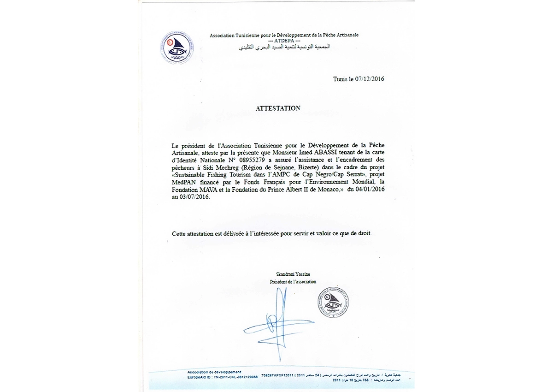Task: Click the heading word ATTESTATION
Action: click(x=278, y=108)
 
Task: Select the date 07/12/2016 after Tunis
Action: click(x=369, y=79)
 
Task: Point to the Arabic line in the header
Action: click(x=284, y=47)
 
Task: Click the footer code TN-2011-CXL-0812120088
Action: click(x=235, y=377)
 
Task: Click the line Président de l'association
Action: click(x=293, y=281)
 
